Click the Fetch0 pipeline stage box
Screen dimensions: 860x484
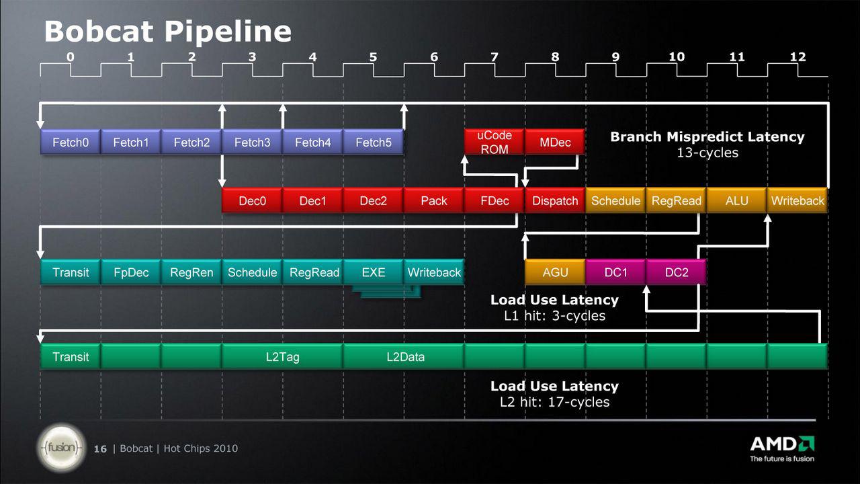point(71,142)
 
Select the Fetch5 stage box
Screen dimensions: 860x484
point(373,142)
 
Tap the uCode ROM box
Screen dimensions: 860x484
point(494,142)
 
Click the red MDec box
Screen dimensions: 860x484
point(555,142)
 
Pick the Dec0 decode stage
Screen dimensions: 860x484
point(252,200)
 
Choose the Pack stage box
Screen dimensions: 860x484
point(434,200)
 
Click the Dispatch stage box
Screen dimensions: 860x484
point(555,200)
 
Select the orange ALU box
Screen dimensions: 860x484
point(737,200)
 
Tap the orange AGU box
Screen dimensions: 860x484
point(555,272)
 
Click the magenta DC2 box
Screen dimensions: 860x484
point(676,272)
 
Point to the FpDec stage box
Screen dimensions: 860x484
point(131,272)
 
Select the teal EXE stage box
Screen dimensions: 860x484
point(373,272)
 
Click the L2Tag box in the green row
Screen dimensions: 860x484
point(282,356)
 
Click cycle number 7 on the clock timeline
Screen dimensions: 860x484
point(494,57)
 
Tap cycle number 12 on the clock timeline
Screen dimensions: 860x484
point(798,57)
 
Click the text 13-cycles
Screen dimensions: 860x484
point(707,153)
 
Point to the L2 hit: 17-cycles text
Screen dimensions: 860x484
point(554,402)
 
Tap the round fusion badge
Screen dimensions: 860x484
point(61,448)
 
